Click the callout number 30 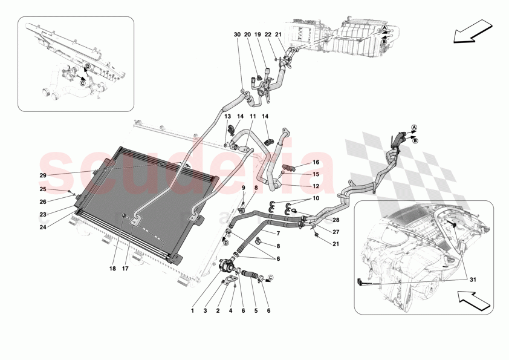point(237,34)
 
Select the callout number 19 point(258,34)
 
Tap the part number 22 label point(268,34)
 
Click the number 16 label point(316,163)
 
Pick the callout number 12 point(316,186)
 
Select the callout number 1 point(192,312)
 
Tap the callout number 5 point(255,312)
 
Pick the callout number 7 point(278,233)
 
